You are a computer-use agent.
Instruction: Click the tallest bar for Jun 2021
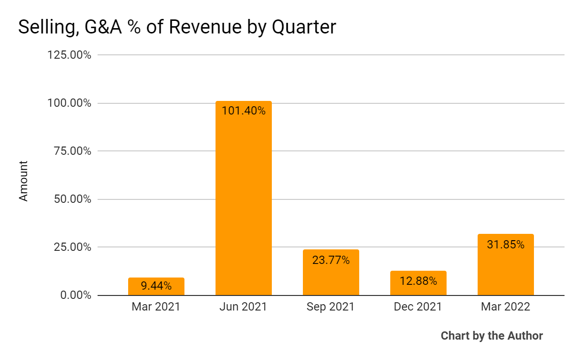pos(244,204)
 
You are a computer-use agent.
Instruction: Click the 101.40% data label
pos(244,111)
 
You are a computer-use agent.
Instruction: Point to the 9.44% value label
pos(156,286)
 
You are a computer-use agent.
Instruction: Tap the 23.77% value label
pos(331,260)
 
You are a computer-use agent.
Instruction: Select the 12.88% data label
pos(418,281)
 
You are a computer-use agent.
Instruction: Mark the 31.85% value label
pos(506,245)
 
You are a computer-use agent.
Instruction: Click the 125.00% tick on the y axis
pos(69,55)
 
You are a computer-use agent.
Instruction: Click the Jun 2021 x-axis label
pos(244,307)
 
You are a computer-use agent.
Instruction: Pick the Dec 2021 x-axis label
pos(418,307)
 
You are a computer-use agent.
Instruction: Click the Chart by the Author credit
pos(492,336)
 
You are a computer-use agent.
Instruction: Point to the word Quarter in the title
pos(303,27)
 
